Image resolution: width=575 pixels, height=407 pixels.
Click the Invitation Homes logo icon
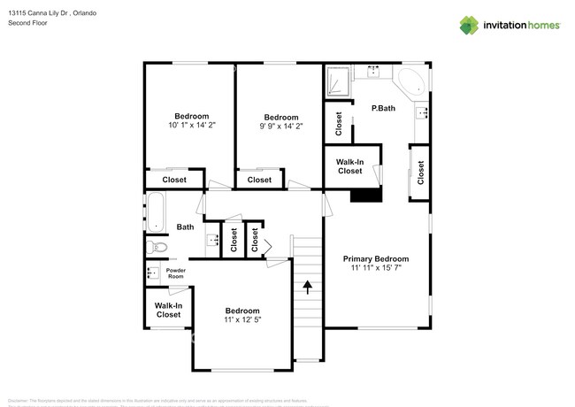pos(470,26)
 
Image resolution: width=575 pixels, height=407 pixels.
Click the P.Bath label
pos(383,108)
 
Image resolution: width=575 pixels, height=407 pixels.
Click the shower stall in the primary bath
pos(338,82)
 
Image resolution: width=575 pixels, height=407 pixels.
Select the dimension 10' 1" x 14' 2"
pos(191,126)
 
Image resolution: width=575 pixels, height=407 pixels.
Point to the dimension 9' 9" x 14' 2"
pos(280,127)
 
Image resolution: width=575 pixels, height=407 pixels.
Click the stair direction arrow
pos(307,287)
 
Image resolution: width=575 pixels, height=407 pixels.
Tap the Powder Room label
pos(175,273)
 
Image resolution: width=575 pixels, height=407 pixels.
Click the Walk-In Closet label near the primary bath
pos(350,166)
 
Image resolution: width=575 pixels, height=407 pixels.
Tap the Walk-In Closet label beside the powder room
pos(168,311)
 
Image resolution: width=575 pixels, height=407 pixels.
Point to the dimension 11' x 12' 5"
pos(241,319)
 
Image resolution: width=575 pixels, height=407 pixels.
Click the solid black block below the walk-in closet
pos(364,196)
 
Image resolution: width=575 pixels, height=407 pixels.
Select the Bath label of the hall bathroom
pos(185,227)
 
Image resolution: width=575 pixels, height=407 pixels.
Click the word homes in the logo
pos(539,26)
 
